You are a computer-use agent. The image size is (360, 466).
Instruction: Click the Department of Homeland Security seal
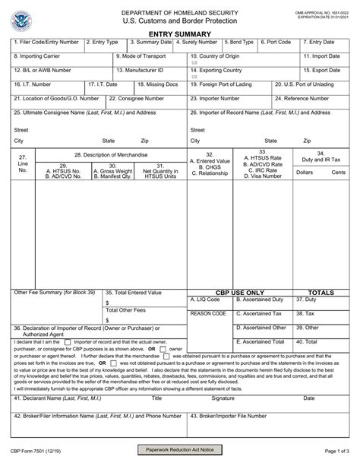point(24,17)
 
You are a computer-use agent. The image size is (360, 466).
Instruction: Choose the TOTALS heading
point(321,292)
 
